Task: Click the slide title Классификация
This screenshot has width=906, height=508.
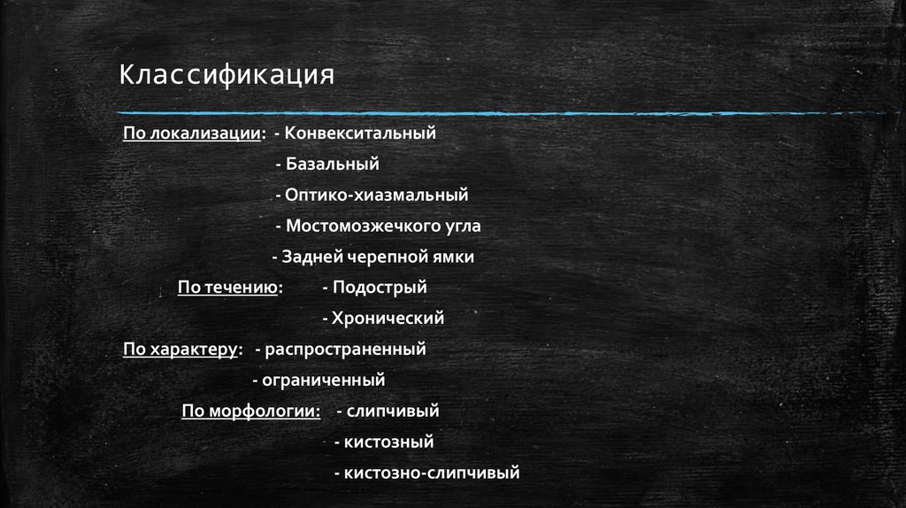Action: pos(227,75)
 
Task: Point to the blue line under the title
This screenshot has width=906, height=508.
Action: pos(495,113)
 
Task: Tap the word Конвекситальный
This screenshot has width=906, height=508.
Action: pos(361,133)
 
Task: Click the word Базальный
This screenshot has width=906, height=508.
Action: pos(332,164)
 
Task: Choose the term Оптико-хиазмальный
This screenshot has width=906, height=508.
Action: pos(376,195)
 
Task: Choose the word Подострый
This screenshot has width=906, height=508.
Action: pos(380,287)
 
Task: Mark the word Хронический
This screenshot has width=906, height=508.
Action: pos(388,318)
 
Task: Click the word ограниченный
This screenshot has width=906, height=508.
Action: pos(323,380)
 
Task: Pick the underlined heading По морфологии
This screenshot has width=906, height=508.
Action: pos(250,411)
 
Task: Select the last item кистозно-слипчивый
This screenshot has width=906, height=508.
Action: pos(432,473)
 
